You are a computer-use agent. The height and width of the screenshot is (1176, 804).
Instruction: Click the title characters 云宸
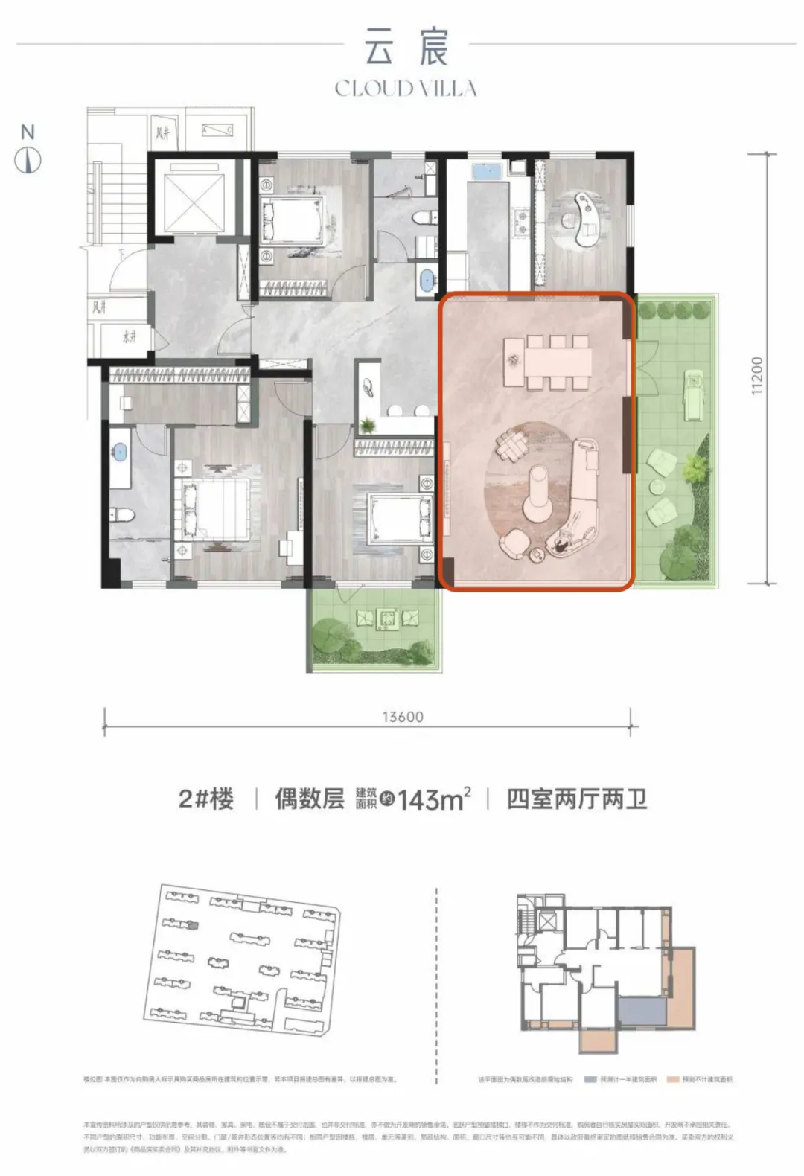406,45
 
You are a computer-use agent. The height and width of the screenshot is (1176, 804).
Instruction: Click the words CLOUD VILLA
406,89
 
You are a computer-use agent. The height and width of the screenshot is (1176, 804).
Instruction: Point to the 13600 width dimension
402,717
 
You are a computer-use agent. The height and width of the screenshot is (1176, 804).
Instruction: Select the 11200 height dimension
756,376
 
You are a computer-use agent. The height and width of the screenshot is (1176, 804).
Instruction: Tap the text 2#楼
205,799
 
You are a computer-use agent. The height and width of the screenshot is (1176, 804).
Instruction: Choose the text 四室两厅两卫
576,799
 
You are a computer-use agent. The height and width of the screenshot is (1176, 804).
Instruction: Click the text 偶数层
309,799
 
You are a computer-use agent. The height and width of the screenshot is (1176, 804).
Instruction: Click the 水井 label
130,337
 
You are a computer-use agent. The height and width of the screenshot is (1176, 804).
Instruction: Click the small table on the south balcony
386,619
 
